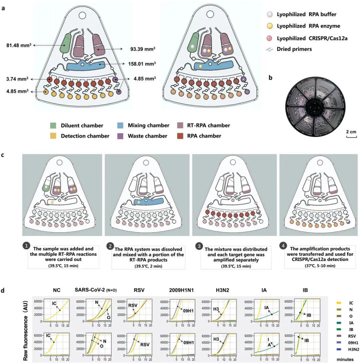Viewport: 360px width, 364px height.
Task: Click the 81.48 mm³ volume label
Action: point(19,45)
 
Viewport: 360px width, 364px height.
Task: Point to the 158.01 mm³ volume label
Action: point(142,64)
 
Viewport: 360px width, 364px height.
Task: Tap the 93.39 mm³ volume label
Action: point(143,49)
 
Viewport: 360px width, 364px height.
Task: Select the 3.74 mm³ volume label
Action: point(17,79)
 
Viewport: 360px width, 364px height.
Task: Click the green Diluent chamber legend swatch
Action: point(53,126)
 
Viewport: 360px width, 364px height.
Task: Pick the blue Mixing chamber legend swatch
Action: point(120,126)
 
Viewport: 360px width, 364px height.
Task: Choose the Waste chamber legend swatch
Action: point(120,136)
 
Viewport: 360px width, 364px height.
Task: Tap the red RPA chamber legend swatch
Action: point(180,136)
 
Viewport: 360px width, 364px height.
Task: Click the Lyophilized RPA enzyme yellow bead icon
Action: point(269,26)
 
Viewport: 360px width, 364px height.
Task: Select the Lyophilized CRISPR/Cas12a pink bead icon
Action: point(269,38)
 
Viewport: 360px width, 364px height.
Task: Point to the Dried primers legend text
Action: point(294,49)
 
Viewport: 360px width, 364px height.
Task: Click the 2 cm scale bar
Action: point(351,137)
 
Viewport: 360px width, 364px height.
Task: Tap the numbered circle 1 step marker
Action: point(26,246)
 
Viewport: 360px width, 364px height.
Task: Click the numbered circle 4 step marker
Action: point(283,246)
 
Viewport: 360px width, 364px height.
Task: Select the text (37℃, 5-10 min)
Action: point(320,266)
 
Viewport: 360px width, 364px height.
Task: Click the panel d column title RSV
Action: point(139,290)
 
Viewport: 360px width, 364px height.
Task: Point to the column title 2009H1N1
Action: point(181,290)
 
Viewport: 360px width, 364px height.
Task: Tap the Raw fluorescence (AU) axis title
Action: point(26,331)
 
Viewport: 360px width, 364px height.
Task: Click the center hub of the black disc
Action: point(315,107)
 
